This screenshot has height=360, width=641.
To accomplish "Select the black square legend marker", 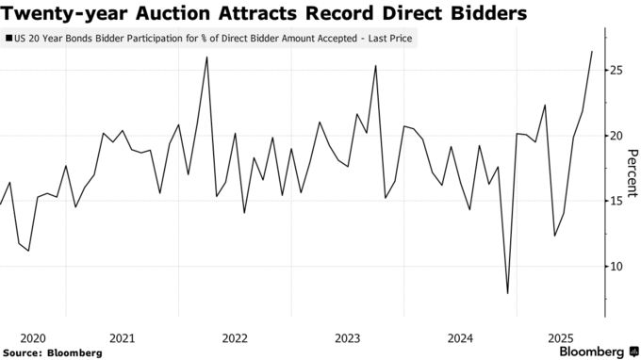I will [9, 40].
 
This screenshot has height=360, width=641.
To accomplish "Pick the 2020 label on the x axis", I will [33, 337].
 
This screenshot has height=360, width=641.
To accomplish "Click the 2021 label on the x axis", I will [122, 337].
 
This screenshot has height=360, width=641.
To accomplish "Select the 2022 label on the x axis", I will [235, 337].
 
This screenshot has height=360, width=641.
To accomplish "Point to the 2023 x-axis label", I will [347, 337].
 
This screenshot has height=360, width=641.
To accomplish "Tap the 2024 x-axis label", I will [460, 337].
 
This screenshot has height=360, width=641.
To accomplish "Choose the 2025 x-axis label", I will [560, 337].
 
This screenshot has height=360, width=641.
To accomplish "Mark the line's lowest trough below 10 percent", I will [507, 293].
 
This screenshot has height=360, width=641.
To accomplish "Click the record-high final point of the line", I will [591, 51].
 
